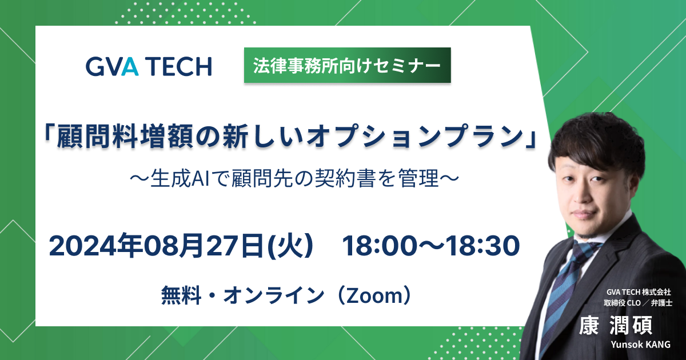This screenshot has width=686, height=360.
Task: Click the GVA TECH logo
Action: coord(149,66)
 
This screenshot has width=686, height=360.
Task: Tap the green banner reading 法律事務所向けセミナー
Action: coord(348,65)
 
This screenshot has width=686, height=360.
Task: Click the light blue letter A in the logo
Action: coord(130,66)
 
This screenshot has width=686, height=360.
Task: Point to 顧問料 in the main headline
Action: coord(97,138)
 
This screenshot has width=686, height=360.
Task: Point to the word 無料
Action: coord(181,295)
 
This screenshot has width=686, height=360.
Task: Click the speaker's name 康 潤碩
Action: coord(616,326)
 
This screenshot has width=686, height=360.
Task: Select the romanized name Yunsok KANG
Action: coord(641,345)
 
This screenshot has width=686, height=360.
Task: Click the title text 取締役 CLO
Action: coord(622,303)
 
